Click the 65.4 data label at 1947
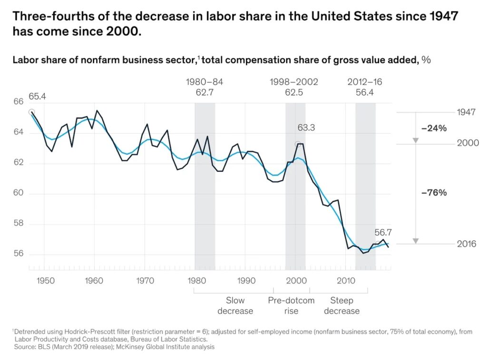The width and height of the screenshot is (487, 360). (38, 97)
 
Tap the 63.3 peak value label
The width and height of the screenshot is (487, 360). (307, 128)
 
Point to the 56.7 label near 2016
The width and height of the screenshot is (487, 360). (384, 233)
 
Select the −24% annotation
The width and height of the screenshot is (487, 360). (434, 128)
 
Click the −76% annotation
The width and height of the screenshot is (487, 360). (434, 193)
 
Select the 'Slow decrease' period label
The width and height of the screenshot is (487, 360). (235, 306)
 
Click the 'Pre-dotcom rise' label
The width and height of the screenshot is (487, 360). (291, 306)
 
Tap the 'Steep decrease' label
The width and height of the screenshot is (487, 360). (341, 306)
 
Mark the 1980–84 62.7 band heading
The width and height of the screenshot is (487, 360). (205, 87)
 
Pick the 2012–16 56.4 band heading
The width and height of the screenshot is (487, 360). (365, 87)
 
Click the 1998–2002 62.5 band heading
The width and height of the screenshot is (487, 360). (294, 87)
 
